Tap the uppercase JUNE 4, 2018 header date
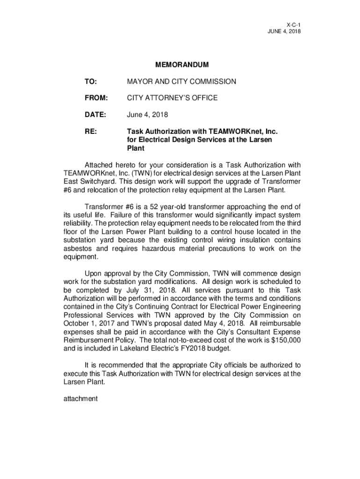click(x=283, y=31)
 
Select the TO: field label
click(x=90, y=81)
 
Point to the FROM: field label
click(x=96, y=98)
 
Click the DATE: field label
click(x=95, y=115)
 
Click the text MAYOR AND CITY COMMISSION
click(x=181, y=81)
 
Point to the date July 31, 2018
click(x=143, y=290)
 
